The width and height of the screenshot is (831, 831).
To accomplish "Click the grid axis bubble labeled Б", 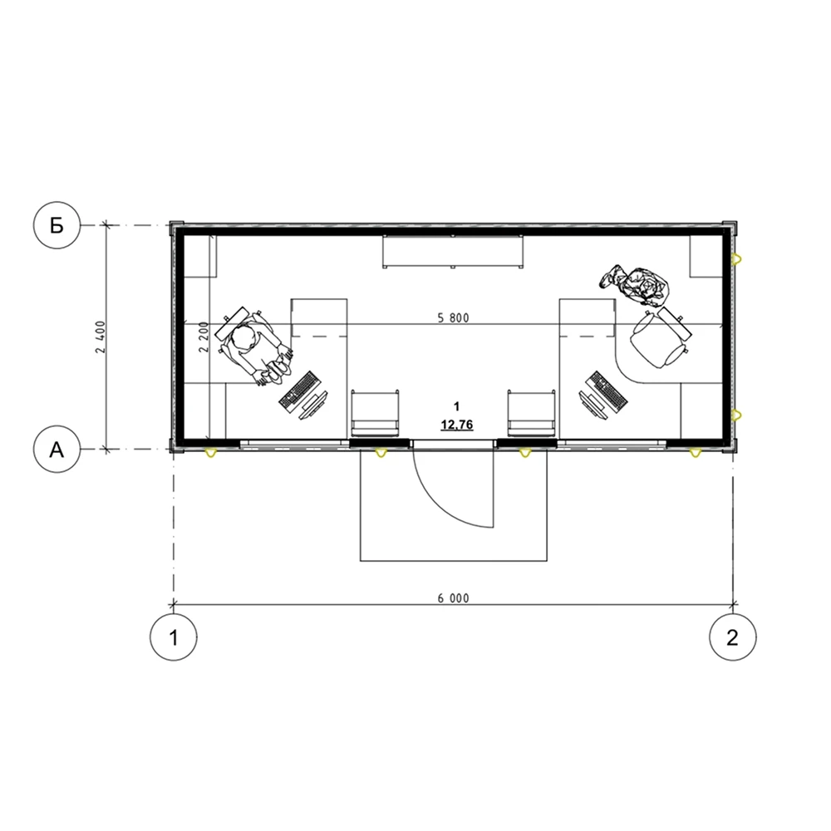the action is [x=57, y=225].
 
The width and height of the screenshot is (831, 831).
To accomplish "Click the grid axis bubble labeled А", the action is [x=57, y=450].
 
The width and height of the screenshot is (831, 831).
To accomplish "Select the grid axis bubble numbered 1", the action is [x=174, y=637].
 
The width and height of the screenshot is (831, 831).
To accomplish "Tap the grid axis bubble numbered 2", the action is [x=733, y=637].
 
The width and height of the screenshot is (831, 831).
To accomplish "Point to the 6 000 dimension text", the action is [x=453, y=598].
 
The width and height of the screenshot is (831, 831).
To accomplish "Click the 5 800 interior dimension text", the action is [x=453, y=318].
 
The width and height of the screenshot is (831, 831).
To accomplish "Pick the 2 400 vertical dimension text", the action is [x=101, y=337].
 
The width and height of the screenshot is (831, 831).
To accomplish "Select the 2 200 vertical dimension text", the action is [x=204, y=337].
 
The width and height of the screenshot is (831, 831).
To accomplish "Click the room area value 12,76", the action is [x=457, y=425].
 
